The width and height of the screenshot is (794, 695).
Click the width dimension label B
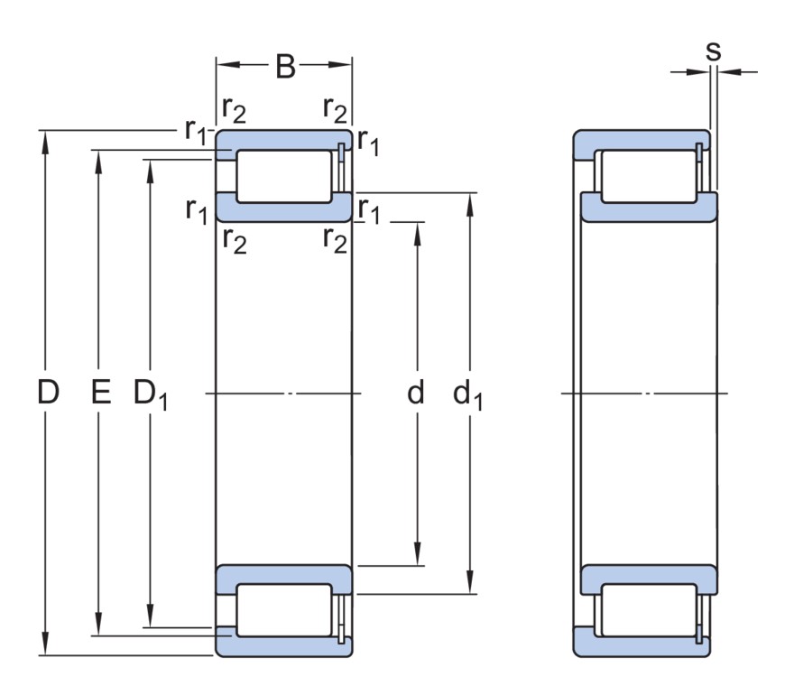285,66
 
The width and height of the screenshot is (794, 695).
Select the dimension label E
100,393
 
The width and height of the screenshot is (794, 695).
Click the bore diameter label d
415,393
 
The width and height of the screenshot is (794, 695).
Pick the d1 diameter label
467,394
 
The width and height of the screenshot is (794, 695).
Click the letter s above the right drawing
713,51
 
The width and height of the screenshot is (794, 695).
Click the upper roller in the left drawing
284,177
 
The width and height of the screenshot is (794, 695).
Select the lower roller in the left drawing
284,611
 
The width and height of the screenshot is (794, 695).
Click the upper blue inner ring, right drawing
650,208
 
